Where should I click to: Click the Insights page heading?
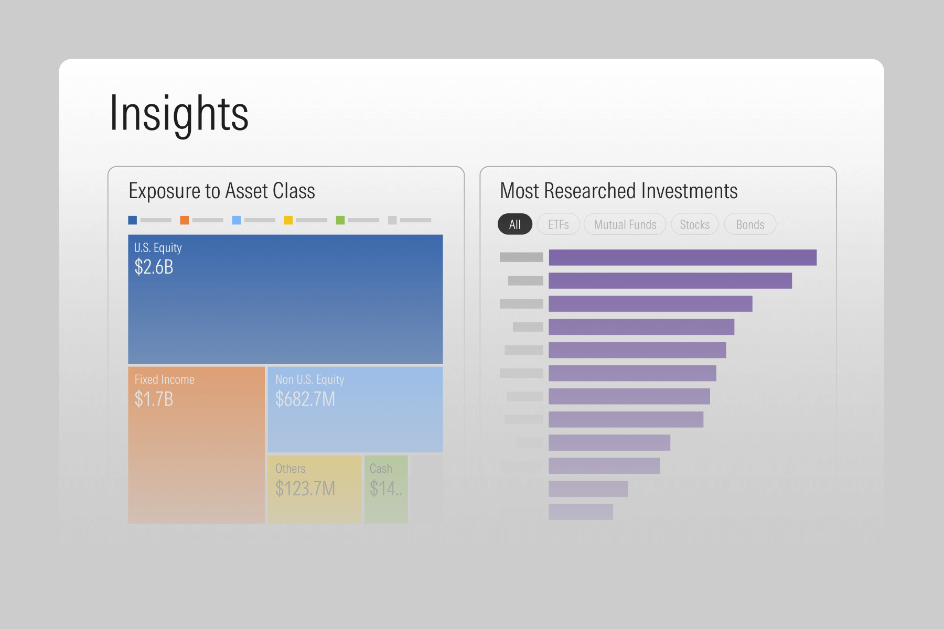coord(179,113)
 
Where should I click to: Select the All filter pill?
coord(514,224)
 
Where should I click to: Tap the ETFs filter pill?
coord(558,224)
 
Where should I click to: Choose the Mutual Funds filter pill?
coord(625,224)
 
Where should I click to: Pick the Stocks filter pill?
coord(694,224)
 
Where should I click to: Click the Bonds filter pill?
coord(750,224)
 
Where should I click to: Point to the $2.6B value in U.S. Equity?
coord(154,267)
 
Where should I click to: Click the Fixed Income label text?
coord(164,379)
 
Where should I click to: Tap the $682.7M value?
coord(305,399)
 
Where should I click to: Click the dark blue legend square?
coord(133,220)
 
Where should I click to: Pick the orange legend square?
coord(185,220)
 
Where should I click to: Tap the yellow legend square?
coord(288,220)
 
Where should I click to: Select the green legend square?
coord(340,220)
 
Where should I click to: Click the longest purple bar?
coord(682,257)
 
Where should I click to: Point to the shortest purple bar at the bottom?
coord(581,512)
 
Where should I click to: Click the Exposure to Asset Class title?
coord(222,191)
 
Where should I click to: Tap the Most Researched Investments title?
coord(619,191)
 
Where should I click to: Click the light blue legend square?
coord(237,220)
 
